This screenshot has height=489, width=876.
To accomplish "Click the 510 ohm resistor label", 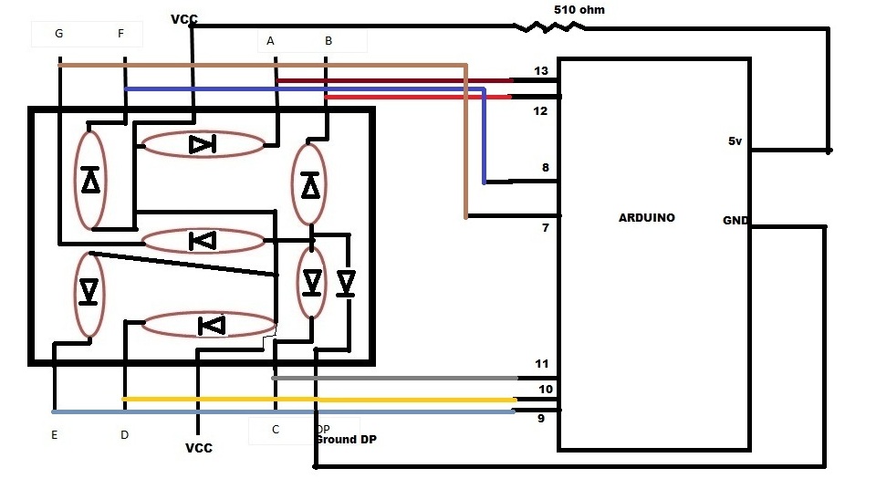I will coord(579,10).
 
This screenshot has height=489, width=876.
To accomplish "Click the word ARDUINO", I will coord(646,218).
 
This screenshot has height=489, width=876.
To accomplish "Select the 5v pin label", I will coord(735,141).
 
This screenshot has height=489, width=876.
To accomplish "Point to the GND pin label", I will coord(735,221).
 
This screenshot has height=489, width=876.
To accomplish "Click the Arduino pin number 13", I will coord(541,70).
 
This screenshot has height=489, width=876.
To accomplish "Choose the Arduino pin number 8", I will coord(545,168).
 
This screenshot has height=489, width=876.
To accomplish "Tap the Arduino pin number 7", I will coord(545,227).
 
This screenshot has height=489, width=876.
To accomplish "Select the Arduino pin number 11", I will coord(542,364).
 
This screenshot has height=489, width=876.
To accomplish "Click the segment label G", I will coord(59,34).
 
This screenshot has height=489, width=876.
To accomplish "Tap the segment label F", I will coord(121,34).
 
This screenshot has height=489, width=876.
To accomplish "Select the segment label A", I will coord(270,40).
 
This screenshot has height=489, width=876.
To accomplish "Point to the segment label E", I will coord(54,435).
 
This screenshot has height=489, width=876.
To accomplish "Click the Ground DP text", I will coord(346,440).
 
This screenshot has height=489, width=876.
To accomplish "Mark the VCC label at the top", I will coord(183,19).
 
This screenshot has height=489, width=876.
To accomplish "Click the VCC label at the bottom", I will coord(198,448).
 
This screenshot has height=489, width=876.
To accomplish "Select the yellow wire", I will coord(319,399).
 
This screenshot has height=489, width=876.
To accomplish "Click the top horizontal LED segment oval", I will coord(203,144).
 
